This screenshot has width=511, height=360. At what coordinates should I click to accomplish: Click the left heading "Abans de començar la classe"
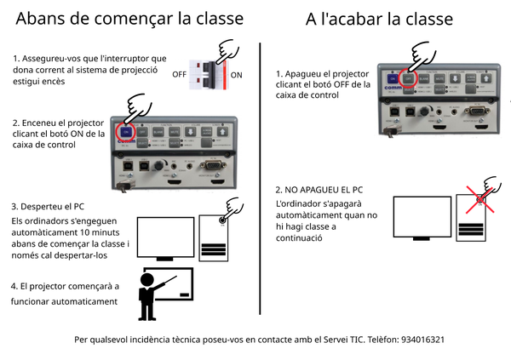[129, 18]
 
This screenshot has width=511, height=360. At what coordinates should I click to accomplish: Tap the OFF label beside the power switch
[179, 75]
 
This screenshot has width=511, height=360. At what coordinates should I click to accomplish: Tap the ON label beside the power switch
[237, 75]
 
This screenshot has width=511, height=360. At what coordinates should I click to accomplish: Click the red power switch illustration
[209, 76]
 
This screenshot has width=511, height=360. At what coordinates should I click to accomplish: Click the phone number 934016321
[419, 339]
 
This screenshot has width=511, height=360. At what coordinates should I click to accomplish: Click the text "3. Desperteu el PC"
[49, 207]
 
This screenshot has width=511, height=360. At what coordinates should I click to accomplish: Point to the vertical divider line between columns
[259, 170]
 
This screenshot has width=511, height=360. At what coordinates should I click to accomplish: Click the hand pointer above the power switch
[227, 53]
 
